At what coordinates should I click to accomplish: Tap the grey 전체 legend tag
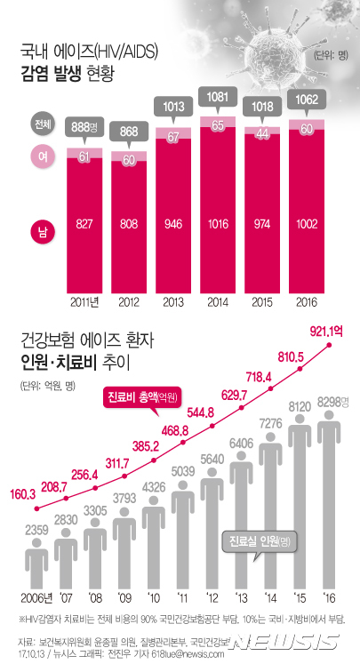pos(41,123)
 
